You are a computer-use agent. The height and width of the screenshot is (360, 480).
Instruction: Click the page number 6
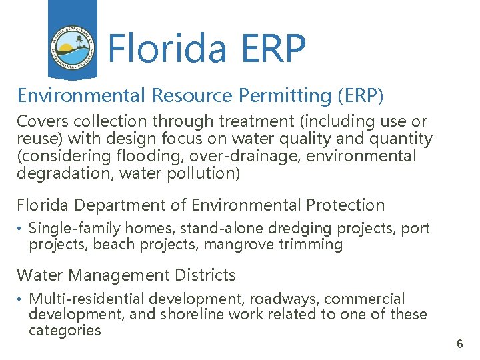click(459, 345)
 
